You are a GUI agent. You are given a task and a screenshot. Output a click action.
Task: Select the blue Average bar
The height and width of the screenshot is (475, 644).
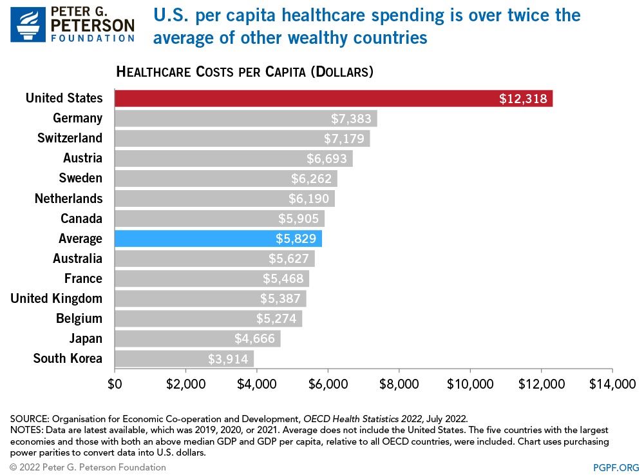click(218, 238)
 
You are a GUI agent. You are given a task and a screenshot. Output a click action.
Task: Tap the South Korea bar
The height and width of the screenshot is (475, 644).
click(184, 358)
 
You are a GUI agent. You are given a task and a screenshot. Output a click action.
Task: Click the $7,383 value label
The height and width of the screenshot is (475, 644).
click(352, 119)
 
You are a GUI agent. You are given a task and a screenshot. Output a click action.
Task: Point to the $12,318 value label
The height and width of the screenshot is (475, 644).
click(523, 99)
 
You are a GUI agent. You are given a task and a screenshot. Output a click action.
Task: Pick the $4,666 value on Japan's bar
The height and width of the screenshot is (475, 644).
click(254, 338)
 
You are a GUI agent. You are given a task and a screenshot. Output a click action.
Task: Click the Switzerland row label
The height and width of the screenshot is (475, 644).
click(70, 138)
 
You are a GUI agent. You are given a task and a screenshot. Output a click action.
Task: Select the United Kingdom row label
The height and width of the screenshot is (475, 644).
click(56, 298)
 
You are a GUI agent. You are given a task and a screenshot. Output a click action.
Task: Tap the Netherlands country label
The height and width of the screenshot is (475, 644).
click(68, 198)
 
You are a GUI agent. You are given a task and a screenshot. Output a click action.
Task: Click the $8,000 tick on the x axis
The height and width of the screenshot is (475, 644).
click(399, 384)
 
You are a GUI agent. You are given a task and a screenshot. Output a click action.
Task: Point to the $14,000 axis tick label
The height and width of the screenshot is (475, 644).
click(612, 384)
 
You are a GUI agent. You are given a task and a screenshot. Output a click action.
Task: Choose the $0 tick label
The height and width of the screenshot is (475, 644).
click(115, 384)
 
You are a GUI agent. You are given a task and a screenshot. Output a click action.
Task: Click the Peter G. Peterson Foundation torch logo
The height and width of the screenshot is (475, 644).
click(28, 24)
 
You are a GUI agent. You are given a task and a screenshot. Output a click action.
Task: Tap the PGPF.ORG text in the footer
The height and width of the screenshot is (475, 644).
click(616, 467)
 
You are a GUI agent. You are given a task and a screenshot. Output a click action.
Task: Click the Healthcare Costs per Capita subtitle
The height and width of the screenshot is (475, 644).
click(245, 71)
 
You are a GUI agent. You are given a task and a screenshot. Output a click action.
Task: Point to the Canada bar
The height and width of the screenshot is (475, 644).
click(220, 218)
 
